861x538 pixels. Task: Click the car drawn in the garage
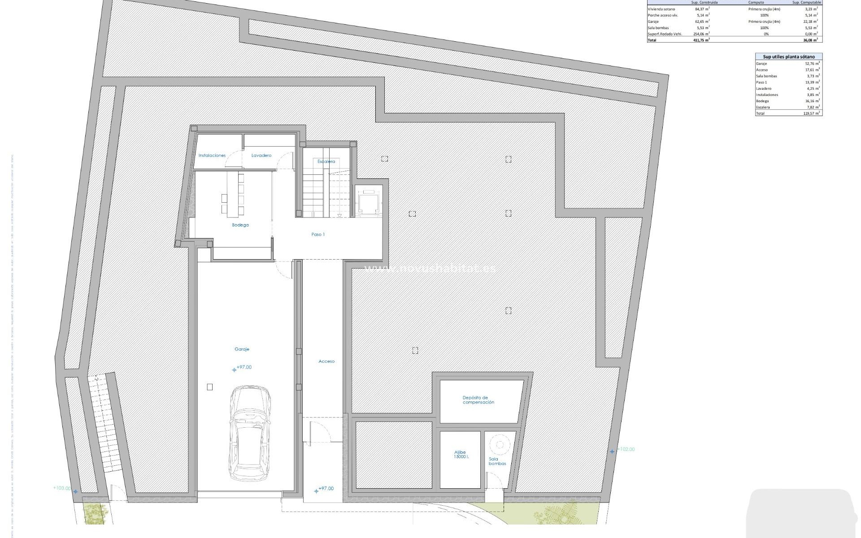pyautogui.click(x=250, y=434)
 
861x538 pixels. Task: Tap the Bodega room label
pyautogui.click(x=240, y=225)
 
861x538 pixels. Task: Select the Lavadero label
pyautogui.click(x=261, y=156)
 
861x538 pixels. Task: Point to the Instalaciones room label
pyautogui.click(x=212, y=156)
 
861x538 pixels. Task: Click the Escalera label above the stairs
pyautogui.click(x=326, y=161)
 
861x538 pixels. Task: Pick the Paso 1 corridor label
pyautogui.click(x=318, y=234)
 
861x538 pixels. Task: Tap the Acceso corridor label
pyautogui.click(x=326, y=361)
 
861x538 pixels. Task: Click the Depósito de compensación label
pyautogui.click(x=478, y=400)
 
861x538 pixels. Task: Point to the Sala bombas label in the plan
pyautogui.click(x=497, y=461)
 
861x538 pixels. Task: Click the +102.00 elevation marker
pyautogui.click(x=626, y=449)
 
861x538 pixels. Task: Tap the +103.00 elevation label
pyautogui.click(x=61, y=488)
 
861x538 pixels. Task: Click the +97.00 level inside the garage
pyautogui.click(x=244, y=367)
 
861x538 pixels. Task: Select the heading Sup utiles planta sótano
pyautogui.click(x=789, y=57)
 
